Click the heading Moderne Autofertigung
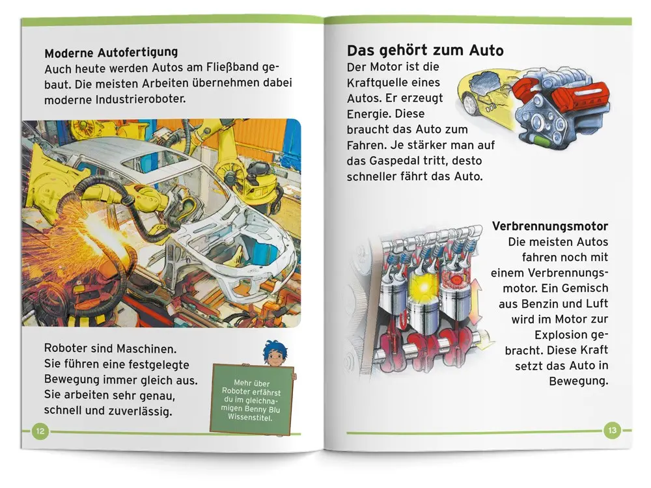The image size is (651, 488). click(111, 53)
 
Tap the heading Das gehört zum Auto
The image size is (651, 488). click(425, 51)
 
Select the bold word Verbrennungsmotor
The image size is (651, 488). click(549, 226)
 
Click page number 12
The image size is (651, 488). click(40, 431)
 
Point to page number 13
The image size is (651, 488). click(612, 430)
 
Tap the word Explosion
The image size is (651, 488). click(561, 335)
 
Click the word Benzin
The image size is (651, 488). click(539, 304)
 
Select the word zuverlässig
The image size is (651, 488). click(140, 411)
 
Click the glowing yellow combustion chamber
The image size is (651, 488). click(424, 286)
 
